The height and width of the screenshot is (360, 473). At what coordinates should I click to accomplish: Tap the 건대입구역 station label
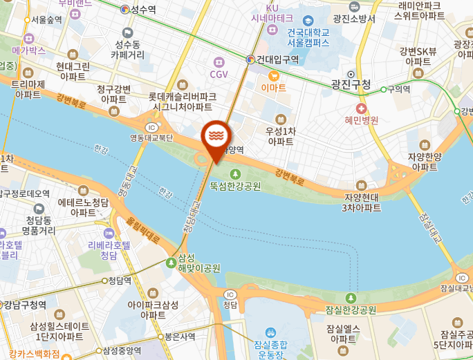tap(277, 59)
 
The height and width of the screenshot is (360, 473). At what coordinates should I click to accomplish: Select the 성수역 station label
tap(143, 10)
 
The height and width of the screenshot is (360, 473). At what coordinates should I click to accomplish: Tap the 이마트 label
tap(273, 88)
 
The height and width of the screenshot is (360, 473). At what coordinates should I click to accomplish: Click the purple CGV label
tap(219, 74)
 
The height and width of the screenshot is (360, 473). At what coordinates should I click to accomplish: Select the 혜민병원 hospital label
tap(362, 120)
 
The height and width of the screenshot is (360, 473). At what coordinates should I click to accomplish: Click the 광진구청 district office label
tap(351, 85)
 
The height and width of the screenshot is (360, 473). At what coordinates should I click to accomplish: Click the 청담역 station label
tap(119, 281)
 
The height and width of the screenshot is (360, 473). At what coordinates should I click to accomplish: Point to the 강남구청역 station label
tap(25, 305)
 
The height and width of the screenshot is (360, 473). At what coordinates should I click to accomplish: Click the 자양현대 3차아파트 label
tap(363, 202)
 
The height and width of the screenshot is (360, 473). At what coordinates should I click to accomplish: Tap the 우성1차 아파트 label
tap(280, 135)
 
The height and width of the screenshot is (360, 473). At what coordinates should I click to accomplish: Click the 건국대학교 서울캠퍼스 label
tap(308, 37)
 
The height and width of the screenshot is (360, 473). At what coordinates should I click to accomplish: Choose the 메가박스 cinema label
tap(29, 50)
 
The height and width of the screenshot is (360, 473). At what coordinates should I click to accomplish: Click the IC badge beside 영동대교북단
tap(151, 127)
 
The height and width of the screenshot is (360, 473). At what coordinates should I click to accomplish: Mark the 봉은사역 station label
tap(179, 337)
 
